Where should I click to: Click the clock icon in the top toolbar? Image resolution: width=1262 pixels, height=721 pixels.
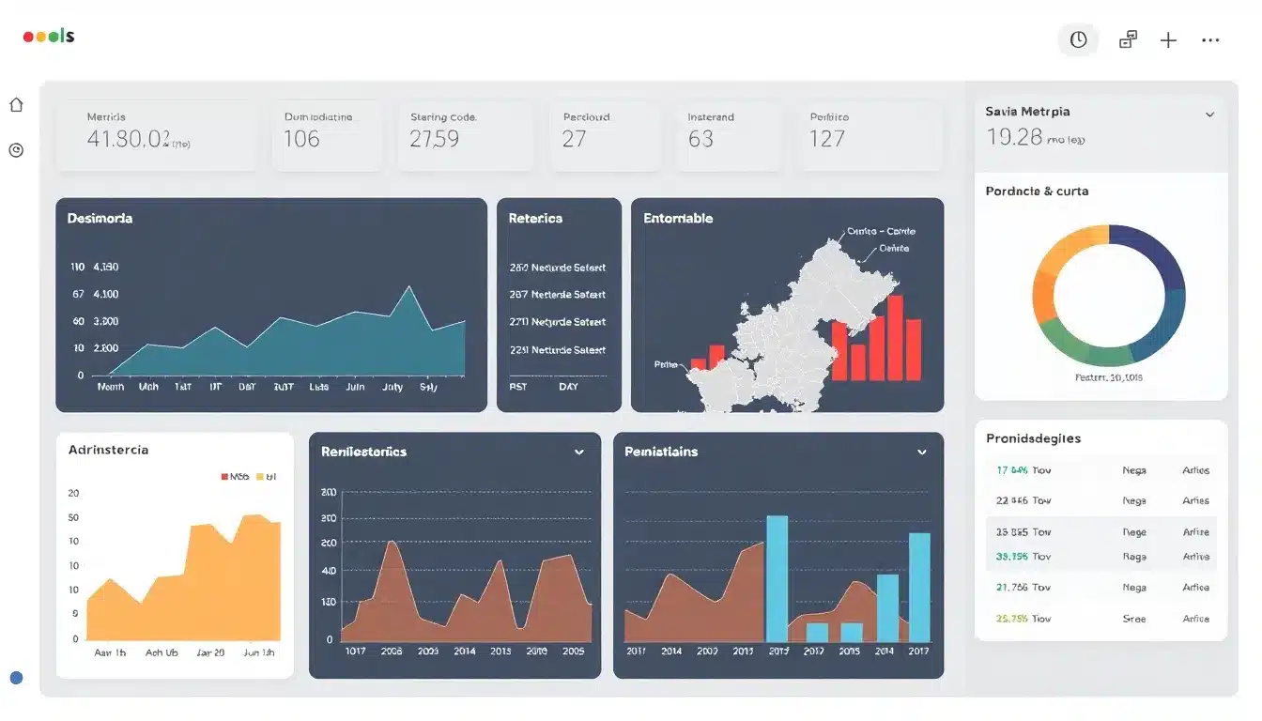(x=1078, y=39)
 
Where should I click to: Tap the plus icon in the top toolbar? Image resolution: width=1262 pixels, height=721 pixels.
(x=1168, y=40)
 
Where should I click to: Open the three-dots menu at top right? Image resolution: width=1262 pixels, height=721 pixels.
(x=1210, y=40)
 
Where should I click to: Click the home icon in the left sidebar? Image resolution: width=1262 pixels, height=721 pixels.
(x=16, y=105)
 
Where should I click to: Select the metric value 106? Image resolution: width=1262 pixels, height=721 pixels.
(x=301, y=139)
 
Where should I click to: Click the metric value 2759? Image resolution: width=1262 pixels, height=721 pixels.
(x=434, y=139)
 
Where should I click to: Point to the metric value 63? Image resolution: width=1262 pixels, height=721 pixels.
(x=700, y=139)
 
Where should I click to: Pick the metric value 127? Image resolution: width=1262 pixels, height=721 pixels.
(x=826, y=139)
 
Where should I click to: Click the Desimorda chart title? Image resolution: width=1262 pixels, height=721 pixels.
(x=100, y=218)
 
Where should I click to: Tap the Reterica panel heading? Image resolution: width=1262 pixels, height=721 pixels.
(x=535, y=218)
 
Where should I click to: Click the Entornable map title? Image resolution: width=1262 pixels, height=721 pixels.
(x=678, y=218)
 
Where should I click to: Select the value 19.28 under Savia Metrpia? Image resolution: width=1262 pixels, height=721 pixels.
(x=1014, y=137)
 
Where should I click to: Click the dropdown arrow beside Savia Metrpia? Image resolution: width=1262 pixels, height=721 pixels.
(x=1209, y=114)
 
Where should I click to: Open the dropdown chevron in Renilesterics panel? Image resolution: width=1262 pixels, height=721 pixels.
(x=579, y=452)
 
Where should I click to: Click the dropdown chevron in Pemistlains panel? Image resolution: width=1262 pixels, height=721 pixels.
(x=922, y=452)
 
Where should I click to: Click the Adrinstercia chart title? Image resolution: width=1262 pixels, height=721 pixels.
(x=108, y=450)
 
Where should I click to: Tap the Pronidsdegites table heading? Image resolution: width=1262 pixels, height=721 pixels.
(x=1033, y=438)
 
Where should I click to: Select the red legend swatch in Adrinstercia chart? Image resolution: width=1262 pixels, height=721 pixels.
(x=224, y=476)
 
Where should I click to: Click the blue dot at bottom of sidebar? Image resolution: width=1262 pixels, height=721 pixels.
(x=16, y=678)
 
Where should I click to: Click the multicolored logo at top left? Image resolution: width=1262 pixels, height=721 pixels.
(x=49, y=37)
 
